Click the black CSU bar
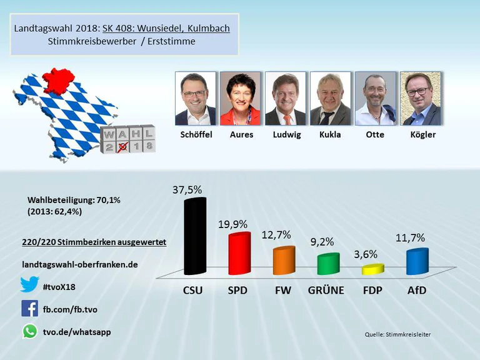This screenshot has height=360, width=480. (194, 237)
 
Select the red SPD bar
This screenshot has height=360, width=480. (239, 254)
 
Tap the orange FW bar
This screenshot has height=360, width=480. (284, 261)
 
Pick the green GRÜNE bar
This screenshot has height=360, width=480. (328, 264)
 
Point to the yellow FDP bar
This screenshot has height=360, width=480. (372, 269)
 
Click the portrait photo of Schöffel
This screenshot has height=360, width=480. (196, 98)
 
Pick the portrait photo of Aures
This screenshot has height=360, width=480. (241, 98)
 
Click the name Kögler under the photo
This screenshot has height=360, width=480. (420, 134)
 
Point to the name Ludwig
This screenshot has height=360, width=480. (286, 134)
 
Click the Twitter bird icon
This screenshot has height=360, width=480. (29, 285)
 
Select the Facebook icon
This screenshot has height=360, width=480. (29, 308)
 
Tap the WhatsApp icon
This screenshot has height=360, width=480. (29, 331)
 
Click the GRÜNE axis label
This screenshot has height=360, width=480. (328, 291)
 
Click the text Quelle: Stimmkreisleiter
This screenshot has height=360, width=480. (397, 334)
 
